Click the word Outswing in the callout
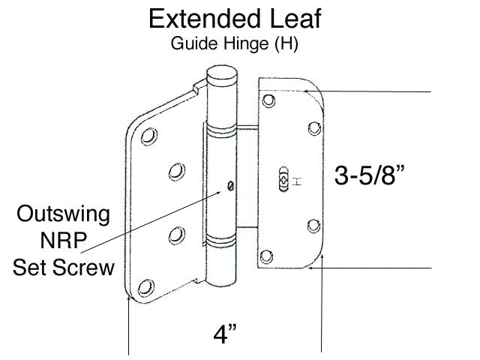(64, 216)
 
